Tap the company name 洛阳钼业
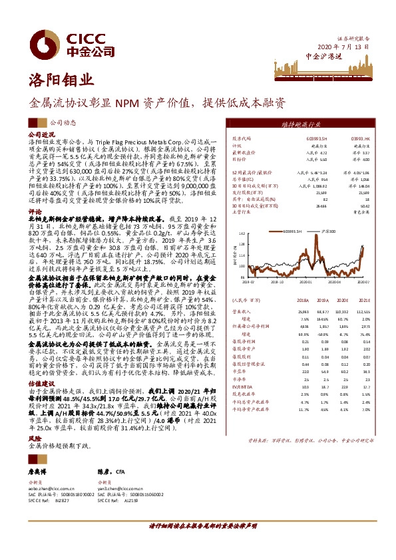pos(56,82)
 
